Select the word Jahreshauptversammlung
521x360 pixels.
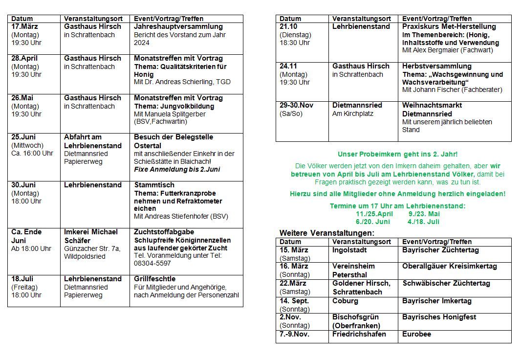(x=178, y=26)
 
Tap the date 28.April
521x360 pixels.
(x=24, y=58)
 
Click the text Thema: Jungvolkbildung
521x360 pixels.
(x=174, y=106)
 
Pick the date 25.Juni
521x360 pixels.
(x=24, y=137)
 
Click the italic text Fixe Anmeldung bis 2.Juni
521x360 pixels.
(x=177, y=170)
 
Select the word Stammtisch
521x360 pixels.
(x=154, y=185)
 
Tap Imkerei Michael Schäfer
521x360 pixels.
(x=91, y=236)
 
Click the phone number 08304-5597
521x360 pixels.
(x=152, y=263)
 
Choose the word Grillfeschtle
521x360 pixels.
(x=155, y=279)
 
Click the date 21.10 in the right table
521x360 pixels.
(x=288, y=26)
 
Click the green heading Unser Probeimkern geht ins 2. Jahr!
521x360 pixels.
(x=398, y=154)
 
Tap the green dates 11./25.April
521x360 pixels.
(x=374, y=214)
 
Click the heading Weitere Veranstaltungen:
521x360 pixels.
(x=326, y=233)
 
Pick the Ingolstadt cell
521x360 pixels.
(x=349, y=250)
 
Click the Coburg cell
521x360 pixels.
(x=345, y=301)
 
